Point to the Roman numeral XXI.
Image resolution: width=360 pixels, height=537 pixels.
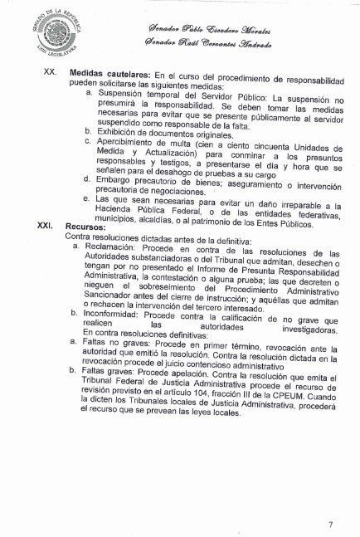coord(47,225)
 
